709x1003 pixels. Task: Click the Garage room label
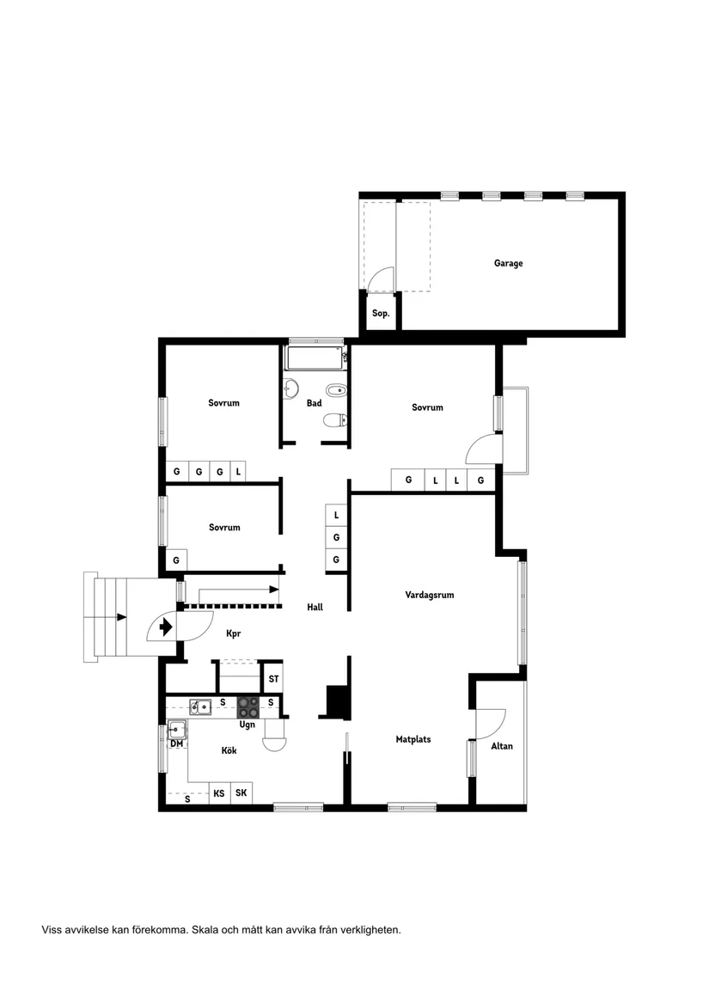pos(508,264)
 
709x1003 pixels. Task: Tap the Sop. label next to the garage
pos(381,314)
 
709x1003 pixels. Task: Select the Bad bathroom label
pos(314,403)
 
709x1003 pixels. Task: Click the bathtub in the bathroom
pos(315,357)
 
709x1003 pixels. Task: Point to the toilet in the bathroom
pos(334,420)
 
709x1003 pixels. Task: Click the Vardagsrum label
pos(430,595)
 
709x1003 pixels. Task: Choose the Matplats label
pos(413,739)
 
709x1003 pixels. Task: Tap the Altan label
pos(502,746)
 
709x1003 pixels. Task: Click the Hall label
pos(315,608)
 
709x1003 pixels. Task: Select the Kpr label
pos(233,634)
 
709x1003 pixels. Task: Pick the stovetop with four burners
pos(248,707)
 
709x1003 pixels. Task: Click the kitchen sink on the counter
pos(200,707)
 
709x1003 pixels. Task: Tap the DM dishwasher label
pos(176,743)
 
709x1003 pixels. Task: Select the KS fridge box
pos(219,793)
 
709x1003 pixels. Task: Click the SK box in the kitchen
pos(241,793)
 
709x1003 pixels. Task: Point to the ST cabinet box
pos(273,678)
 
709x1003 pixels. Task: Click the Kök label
pos(229,751)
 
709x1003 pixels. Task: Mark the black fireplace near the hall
pos(336,701)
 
